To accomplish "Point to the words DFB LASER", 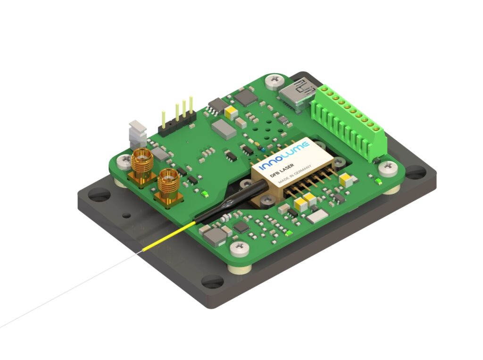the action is click(282, 170).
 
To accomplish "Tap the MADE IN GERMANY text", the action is click(294, 174).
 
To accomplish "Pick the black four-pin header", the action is click(177, 120).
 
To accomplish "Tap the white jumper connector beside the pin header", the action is click(138, 134).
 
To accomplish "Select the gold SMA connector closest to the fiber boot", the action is click(169, 187).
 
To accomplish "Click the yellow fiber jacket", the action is click(168, 236).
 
